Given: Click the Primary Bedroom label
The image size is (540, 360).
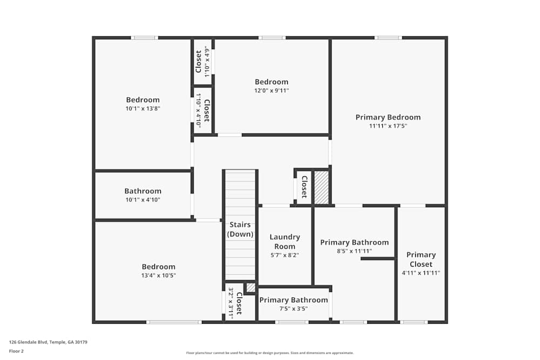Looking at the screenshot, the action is coord(388,117).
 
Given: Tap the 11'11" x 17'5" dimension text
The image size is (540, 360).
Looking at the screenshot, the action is coord(388,126).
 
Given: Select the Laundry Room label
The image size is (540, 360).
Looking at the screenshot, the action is coord(285,242).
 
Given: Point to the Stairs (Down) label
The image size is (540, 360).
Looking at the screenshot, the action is coord(240,229).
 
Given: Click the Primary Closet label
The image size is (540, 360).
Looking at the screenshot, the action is coord(421,260).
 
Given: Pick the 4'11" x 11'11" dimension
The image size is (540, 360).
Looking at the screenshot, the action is coord(421,273).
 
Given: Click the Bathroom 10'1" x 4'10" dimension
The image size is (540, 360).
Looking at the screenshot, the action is coord(143,200).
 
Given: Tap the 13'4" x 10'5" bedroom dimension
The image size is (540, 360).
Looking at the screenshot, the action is coord(158,275).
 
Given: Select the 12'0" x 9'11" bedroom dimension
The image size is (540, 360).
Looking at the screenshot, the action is coord(272,91).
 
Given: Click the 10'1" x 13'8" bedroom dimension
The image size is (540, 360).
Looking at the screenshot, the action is coord(143,108).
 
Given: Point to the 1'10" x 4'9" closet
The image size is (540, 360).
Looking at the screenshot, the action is coord(202,62).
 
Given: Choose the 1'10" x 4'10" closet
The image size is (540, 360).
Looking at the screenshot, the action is coord(202,111).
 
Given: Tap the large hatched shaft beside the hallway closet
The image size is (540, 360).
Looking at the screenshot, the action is coord(322,187).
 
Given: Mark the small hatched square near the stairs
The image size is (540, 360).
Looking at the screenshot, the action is coord(251,287).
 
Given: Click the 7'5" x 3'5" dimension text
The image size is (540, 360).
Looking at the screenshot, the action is coord(293,309).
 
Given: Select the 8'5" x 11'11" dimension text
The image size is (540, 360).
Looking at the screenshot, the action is coord(354,251).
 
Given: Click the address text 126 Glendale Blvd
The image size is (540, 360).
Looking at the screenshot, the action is coord(29,342).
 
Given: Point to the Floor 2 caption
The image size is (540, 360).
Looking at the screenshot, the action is coord(16,351).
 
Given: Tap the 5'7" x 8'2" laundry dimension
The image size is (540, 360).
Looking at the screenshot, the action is coord(285,255).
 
